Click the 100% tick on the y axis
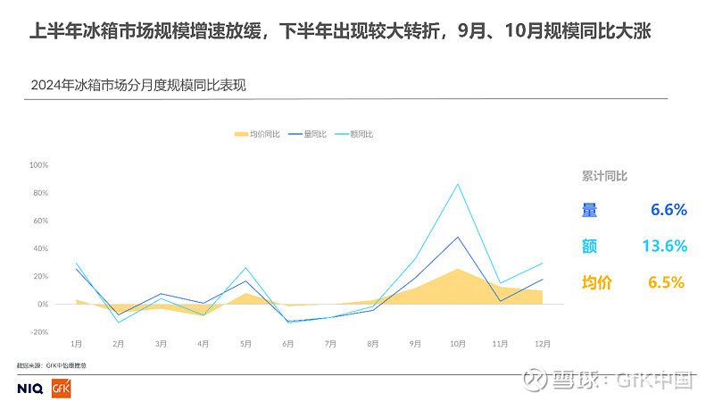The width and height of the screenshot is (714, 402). tap(38, 165)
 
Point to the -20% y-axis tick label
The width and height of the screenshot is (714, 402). tap(38, 331)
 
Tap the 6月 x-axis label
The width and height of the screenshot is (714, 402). tap(287, 343)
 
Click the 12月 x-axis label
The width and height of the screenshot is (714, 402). tap(542, 343)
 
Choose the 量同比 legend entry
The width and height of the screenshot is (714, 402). tap(311, 134)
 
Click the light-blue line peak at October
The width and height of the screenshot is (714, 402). tap(458, 184)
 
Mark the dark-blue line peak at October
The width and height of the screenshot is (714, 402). tap(458, 237)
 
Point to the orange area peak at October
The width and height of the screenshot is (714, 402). tap(457, 269)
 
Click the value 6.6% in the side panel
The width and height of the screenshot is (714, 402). tap(668, 211)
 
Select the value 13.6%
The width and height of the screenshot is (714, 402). tap(664, 247)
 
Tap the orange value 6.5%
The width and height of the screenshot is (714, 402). tap(666, 282)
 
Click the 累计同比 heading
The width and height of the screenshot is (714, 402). tap(604, 176)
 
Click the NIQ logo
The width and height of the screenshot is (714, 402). tap(30, 389)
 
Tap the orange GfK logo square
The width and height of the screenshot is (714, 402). tap(62, 389)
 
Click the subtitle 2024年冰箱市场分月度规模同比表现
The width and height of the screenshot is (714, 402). tap(137, 86)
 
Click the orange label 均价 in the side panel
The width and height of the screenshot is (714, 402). tap(597, 282)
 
